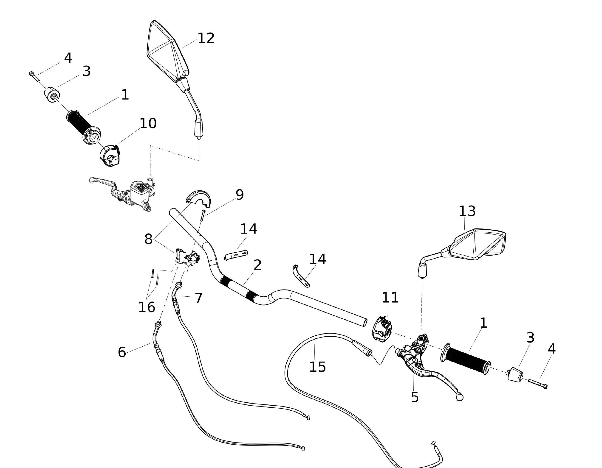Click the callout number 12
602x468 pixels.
(x=206, y=38)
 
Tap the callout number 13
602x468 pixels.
(x=467, y=211)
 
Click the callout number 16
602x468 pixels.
(x=146, y=307)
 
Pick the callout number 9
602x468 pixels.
(x=240, y=195)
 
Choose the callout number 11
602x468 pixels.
(x=390, y=298)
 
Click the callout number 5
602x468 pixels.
(x=415, y=397)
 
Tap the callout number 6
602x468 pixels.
(x=122, y=352)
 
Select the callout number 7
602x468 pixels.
(x=198, y=298)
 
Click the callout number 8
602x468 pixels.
(x=148, y=239)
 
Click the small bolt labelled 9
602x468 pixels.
(x=203, y=215)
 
